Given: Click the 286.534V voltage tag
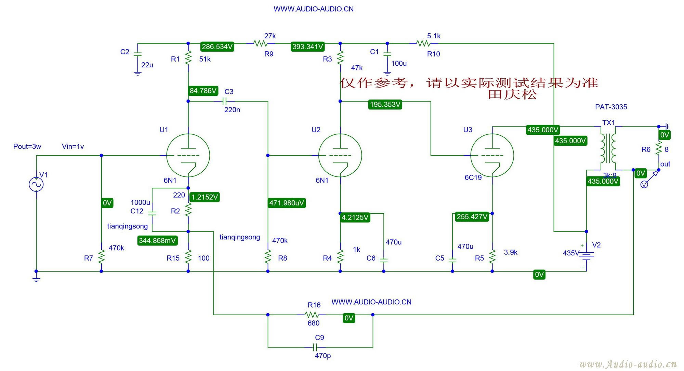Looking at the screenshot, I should click(217, 47).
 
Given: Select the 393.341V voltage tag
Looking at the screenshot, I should click(307, 47).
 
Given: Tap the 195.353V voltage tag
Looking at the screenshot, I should click(385, 104).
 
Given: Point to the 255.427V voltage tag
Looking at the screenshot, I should click(472, 216).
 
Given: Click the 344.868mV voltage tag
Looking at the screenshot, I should click(157, 240).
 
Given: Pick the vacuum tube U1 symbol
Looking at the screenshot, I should click(188, 156).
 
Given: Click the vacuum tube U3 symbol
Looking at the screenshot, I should click(492, 156).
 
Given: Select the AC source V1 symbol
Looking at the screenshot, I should click(36, 185).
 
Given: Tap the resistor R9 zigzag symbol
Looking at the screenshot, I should click(261, 43).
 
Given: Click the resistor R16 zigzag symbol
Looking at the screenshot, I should click(312, 315).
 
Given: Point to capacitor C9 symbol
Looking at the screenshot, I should click(315, 347).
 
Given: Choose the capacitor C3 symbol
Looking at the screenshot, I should click(224, 101).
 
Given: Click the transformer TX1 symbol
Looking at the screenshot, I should click(608, 149).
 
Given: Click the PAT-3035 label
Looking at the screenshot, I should click(611, 107).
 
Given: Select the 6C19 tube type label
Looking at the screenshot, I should click(473, 177).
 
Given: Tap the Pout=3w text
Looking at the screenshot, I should click(27, 146).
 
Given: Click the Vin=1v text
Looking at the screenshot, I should click(73, 146).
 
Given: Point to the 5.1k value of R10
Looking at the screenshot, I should click(434, 36).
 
